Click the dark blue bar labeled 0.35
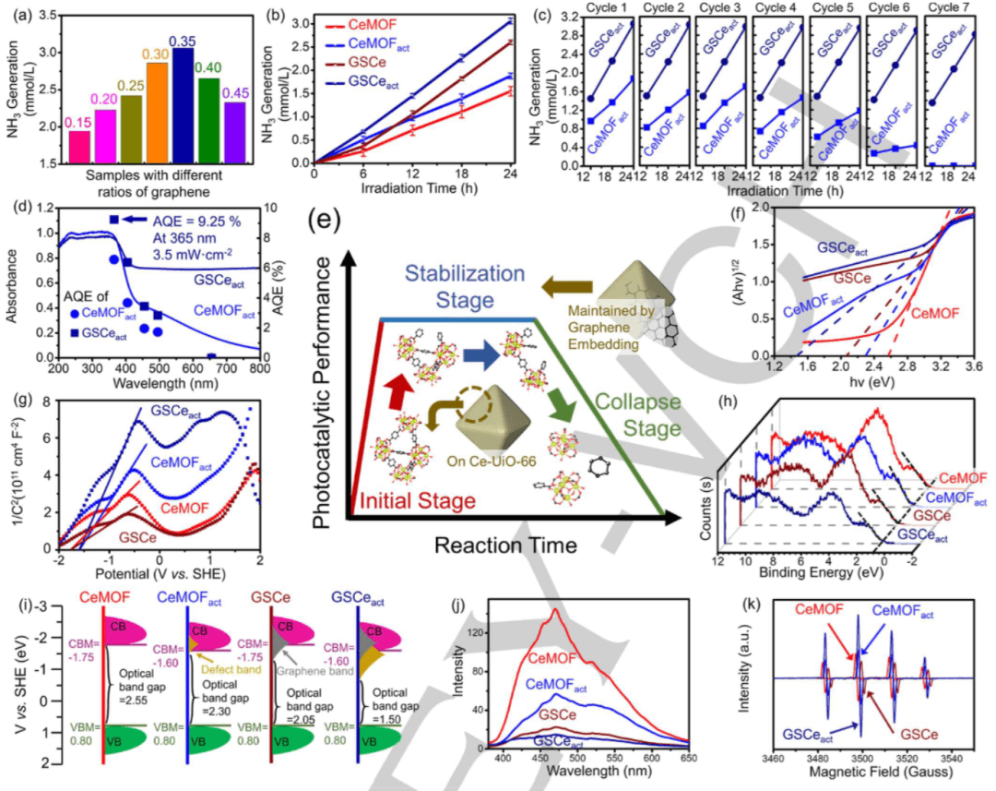pos(182,107)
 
